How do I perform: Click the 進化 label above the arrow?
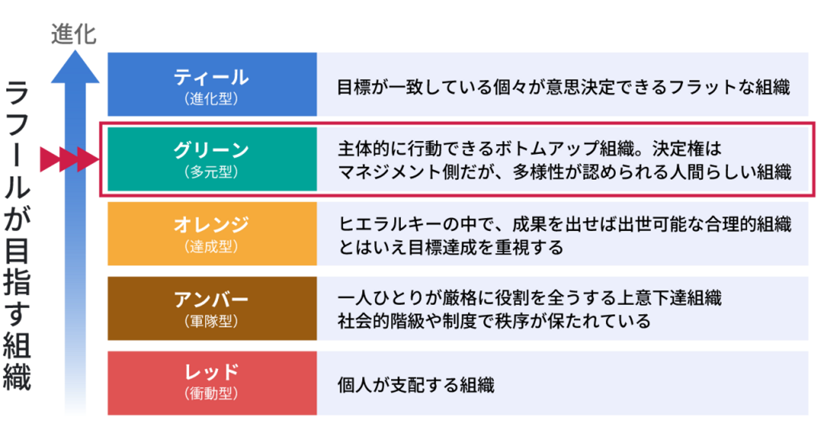pos(74,34)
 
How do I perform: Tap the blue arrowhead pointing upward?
pos(75,67)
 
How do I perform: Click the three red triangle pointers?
pos(70,159)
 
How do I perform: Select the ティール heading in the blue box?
pos(212,78)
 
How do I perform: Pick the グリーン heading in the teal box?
pos(212,151)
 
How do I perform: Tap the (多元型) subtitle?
pos(212,172)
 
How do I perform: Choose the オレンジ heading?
pos(212,225)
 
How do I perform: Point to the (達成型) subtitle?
pos(212,246)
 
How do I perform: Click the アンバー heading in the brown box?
pos(212,299)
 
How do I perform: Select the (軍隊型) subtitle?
pos(212,321)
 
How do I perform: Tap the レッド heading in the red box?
pos(212,372)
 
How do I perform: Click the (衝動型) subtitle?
pos(212,394)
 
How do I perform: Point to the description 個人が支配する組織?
pos(416,385)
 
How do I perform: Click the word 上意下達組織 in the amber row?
pos(669,297)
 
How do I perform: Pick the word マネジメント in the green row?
pos(390,172)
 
